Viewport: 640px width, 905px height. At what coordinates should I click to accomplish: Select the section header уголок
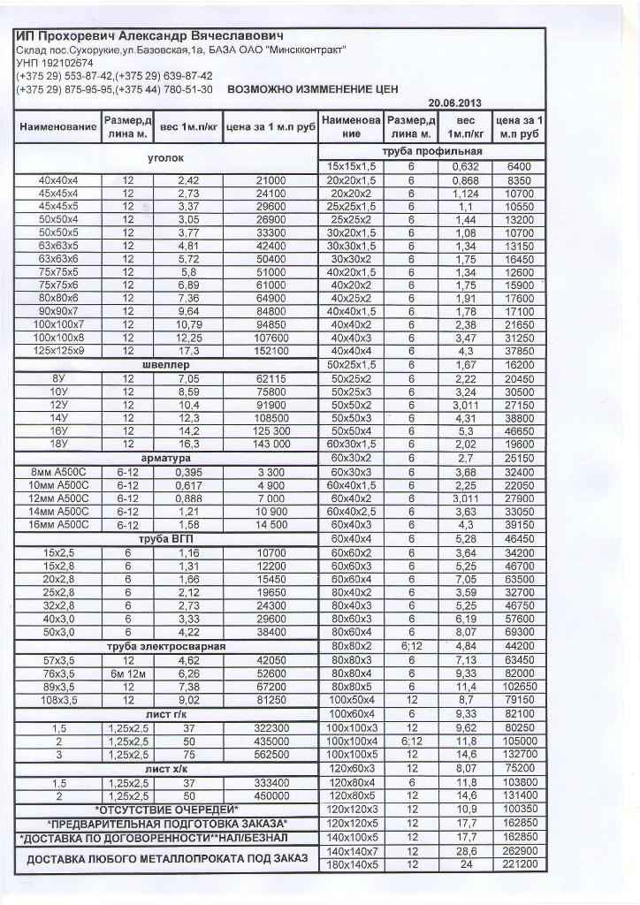(165, 160)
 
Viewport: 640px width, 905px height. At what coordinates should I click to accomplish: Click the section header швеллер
(165, 364)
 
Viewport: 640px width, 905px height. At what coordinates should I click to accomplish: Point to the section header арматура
(165, 459)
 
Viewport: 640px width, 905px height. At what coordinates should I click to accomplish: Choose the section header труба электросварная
(165, 646)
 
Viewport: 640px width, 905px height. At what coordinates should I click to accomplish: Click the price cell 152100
(270, 351)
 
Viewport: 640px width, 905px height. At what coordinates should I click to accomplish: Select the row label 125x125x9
(58, 351)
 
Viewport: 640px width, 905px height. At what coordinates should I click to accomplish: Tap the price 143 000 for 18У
(270, 445)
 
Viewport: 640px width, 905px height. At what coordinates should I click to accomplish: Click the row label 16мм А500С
(58, 524)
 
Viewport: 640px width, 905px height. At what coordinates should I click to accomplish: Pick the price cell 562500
(270, 754)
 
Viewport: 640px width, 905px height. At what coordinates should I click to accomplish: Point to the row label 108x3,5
(58, 699)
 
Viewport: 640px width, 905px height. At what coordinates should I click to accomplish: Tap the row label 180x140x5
(353, 863)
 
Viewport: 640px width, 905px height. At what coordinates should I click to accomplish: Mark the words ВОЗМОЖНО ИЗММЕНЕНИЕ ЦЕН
(313, 89)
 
